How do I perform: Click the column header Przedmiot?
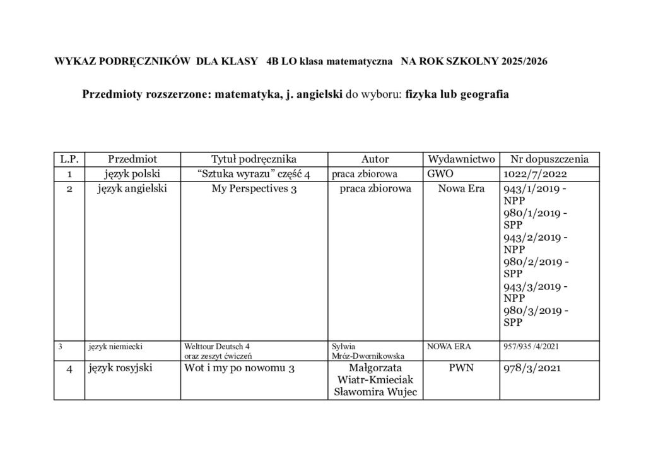132,159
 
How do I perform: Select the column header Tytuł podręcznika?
254,159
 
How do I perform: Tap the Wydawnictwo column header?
462,159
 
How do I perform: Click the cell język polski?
132,174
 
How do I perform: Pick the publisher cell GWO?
440,174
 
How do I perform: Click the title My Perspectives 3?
254,188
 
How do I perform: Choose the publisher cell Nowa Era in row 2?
462,188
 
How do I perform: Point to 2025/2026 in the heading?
524,62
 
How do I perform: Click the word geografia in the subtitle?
485,95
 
